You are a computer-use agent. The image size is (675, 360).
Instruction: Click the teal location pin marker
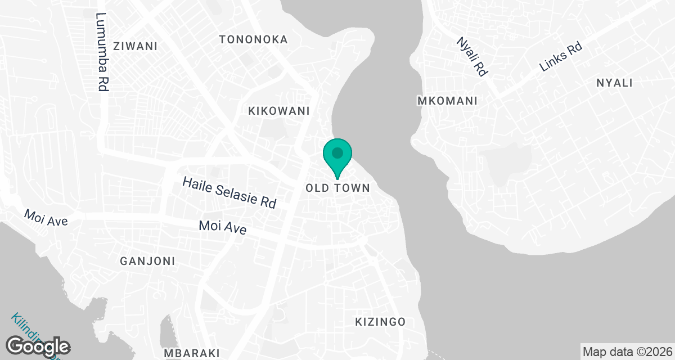click(337, 158)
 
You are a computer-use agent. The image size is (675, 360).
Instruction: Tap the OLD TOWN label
click(337, 188)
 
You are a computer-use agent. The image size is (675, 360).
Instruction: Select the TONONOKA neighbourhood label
click(253, 39)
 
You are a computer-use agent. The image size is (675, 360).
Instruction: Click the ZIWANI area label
click(135, 46)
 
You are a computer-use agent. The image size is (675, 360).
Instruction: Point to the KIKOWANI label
click(279, 111)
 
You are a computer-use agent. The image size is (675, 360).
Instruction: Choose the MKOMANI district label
click(447, 101)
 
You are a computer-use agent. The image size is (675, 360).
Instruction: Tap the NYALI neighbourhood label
click(614, 83)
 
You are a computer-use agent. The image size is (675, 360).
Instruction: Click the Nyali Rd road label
click(472, 56)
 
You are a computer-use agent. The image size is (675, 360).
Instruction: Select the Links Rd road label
click(560, 57)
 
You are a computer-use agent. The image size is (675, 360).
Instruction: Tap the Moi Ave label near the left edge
click(46, 218)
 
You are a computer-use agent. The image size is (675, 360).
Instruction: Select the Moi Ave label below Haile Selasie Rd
click(223, 227)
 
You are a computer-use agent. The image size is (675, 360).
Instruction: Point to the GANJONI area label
click(147, 261)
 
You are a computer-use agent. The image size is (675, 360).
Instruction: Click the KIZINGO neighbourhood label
click(380, 322)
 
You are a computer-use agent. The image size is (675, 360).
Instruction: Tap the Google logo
click(38, 346)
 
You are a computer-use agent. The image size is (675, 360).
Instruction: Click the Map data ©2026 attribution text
click(627, 352)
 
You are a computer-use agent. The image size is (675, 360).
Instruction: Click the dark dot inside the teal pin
click(337, 152)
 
